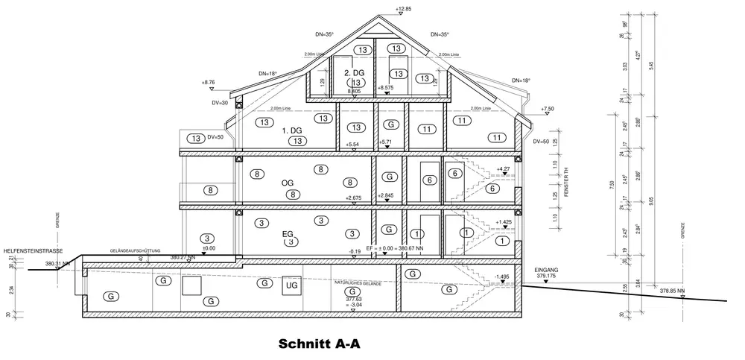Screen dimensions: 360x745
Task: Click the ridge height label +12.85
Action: coord(403,8)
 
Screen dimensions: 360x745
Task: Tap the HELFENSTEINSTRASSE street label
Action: coord(32,250)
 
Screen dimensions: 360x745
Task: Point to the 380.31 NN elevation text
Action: coord(57,264)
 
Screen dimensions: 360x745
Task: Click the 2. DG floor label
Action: coord(353,74)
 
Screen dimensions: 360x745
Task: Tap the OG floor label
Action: coord(288,183)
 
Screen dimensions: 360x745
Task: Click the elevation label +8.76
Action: coord(208,83)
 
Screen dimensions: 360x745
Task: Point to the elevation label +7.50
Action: coord(548,109)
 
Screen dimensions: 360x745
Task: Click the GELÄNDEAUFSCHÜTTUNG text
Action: coord(135,251)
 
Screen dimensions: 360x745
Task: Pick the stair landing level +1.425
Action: coord(504,222)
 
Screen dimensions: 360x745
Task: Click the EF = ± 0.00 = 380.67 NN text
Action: coord(397,247)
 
